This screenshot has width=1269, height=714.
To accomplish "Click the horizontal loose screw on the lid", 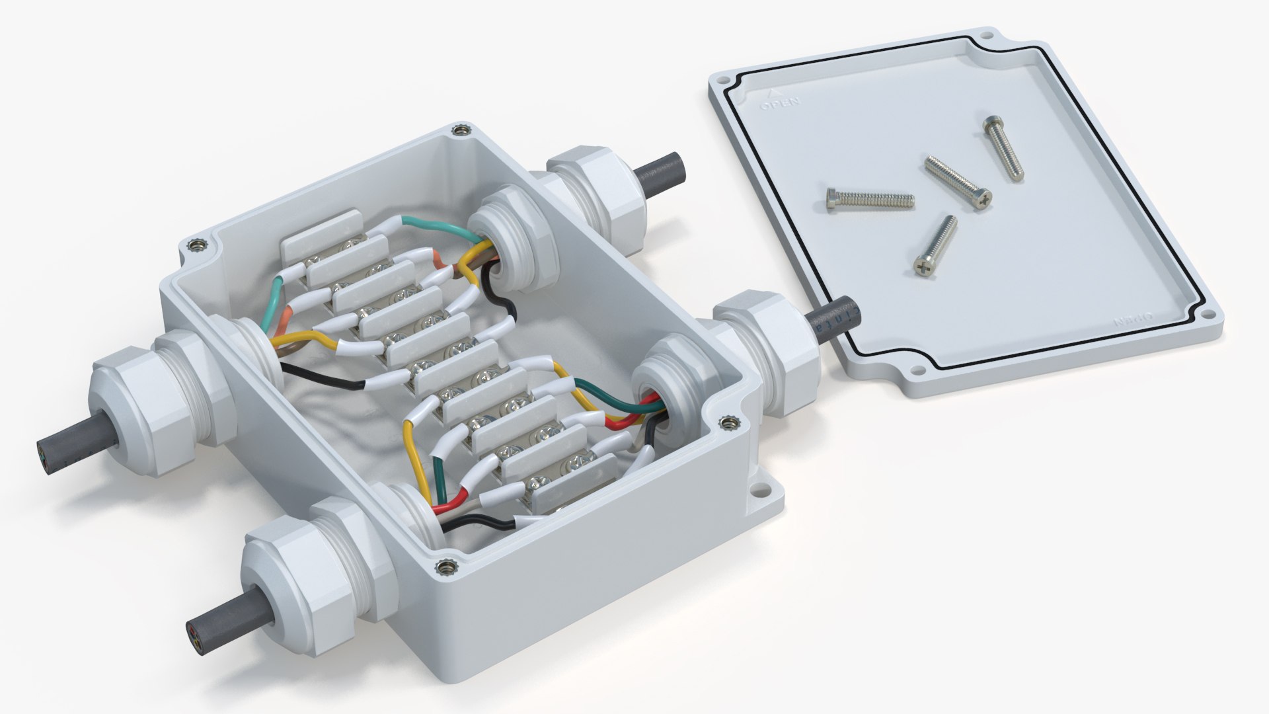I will [x=870, y=199].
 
